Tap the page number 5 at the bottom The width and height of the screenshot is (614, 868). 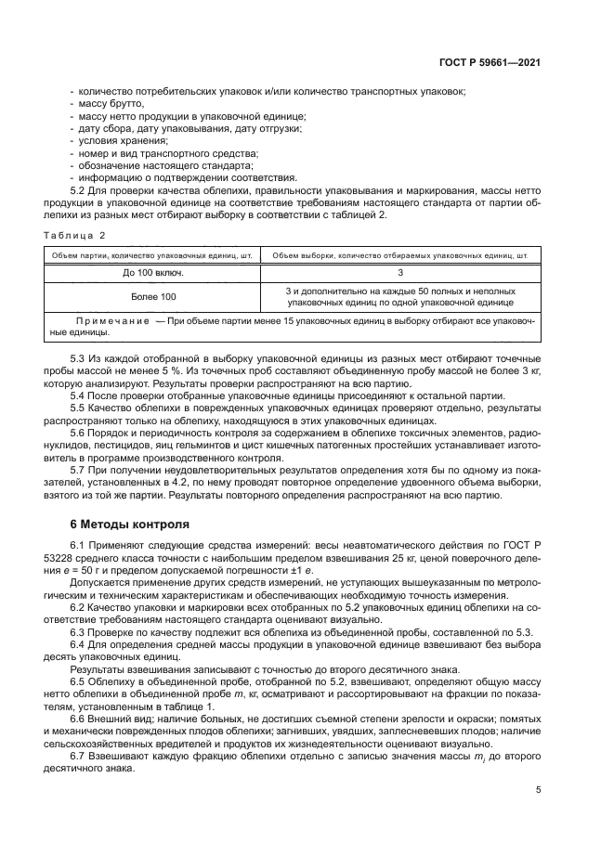pos(538,791)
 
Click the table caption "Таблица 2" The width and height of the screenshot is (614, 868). pos(78,235)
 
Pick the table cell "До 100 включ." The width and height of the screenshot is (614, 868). pos(153,273)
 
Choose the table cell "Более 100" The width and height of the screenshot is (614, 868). pos(153,297)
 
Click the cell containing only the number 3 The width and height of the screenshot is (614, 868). pos(399,273)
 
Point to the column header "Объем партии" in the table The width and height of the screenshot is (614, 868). pos(153,253)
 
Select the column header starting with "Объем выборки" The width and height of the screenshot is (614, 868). pos(399,253)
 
